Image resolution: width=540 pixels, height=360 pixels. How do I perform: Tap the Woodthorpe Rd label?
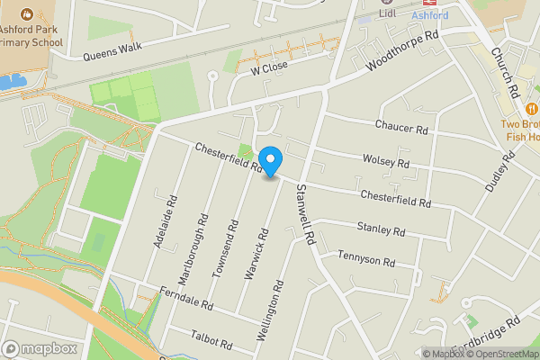click(x=401, y=55)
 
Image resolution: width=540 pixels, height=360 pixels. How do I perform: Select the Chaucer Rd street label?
click(x=401, y=129)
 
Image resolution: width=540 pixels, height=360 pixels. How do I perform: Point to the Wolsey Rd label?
click(x=385, y=162)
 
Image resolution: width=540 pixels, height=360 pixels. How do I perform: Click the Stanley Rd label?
click(x=381, y=229)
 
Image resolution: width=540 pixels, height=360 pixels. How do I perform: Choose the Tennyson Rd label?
click(x=366, y=260)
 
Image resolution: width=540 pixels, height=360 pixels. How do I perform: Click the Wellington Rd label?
click(x=270, y=309)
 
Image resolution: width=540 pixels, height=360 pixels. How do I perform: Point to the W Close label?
click(x=269, y=67)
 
